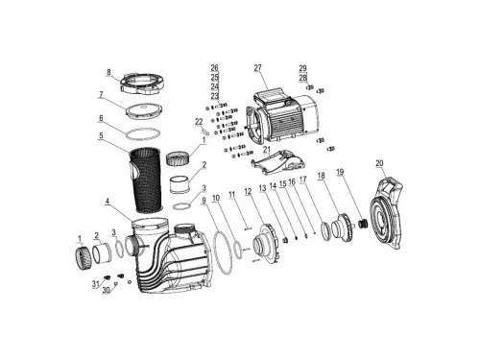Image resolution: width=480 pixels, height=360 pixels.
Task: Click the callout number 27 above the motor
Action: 257,68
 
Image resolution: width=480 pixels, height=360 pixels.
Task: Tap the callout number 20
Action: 379,163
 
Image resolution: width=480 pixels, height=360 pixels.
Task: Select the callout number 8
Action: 108,72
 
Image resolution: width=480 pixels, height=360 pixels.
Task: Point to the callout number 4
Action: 108,202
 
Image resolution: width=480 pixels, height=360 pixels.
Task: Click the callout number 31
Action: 96,284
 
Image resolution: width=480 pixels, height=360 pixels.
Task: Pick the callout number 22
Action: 199,122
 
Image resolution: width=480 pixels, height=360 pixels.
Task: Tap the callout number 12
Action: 248,192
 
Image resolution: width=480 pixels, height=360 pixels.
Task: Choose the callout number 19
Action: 340,172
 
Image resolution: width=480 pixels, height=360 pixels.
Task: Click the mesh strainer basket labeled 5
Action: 146,180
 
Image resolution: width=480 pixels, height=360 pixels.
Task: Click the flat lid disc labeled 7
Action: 143,109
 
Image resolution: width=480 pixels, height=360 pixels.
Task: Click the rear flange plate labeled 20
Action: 386,213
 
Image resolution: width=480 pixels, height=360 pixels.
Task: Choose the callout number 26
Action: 214,68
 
